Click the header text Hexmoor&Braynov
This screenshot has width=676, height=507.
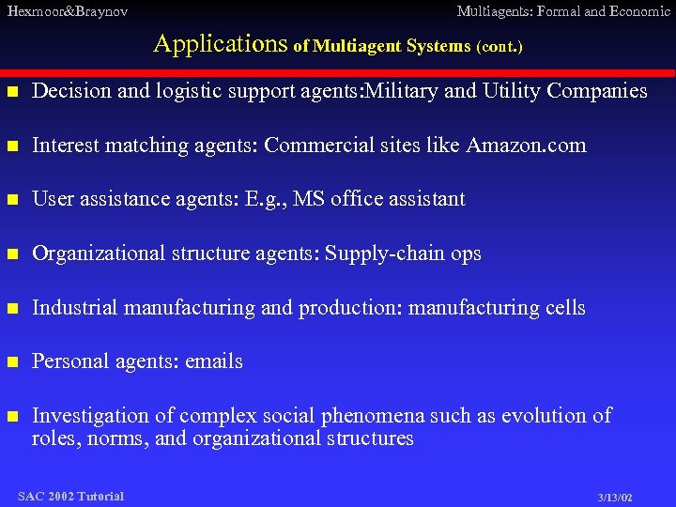coord(67,11)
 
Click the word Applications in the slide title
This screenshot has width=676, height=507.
coord(221,43)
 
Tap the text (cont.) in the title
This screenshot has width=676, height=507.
coord(499,46)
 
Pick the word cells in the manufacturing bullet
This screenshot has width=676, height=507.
coord(562,307)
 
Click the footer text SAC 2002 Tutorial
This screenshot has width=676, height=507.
coord(70,496)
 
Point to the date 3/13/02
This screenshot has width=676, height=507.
coord(614,497)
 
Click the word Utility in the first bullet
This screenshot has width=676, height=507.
coord(513,91)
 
